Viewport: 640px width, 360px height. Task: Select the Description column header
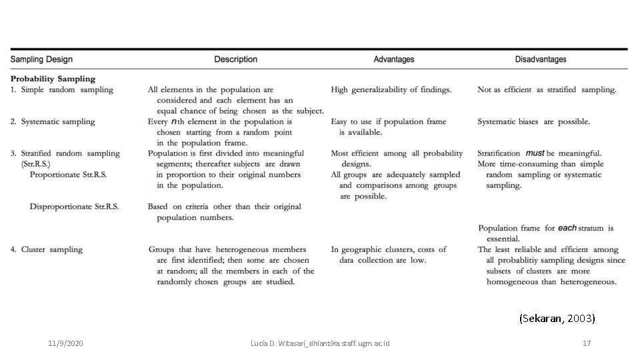235,59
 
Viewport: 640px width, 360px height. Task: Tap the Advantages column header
393,59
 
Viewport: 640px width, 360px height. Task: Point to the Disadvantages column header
541,59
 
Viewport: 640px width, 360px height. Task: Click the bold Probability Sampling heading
53,79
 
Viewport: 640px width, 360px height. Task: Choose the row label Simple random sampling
67,89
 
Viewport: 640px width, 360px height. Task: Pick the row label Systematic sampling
57,121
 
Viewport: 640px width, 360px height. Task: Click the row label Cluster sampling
51,249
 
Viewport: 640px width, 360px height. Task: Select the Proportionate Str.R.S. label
68,175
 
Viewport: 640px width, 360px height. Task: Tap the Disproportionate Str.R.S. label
74,207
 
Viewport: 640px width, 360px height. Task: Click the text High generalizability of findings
391,89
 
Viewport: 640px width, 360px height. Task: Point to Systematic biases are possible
533,121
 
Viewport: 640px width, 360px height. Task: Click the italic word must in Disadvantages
535,153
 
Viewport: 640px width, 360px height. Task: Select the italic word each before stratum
567,228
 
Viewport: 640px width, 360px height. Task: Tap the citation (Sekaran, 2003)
557,319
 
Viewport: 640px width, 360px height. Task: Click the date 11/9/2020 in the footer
65,343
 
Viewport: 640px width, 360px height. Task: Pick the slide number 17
587,343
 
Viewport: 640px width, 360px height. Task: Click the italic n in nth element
173,122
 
